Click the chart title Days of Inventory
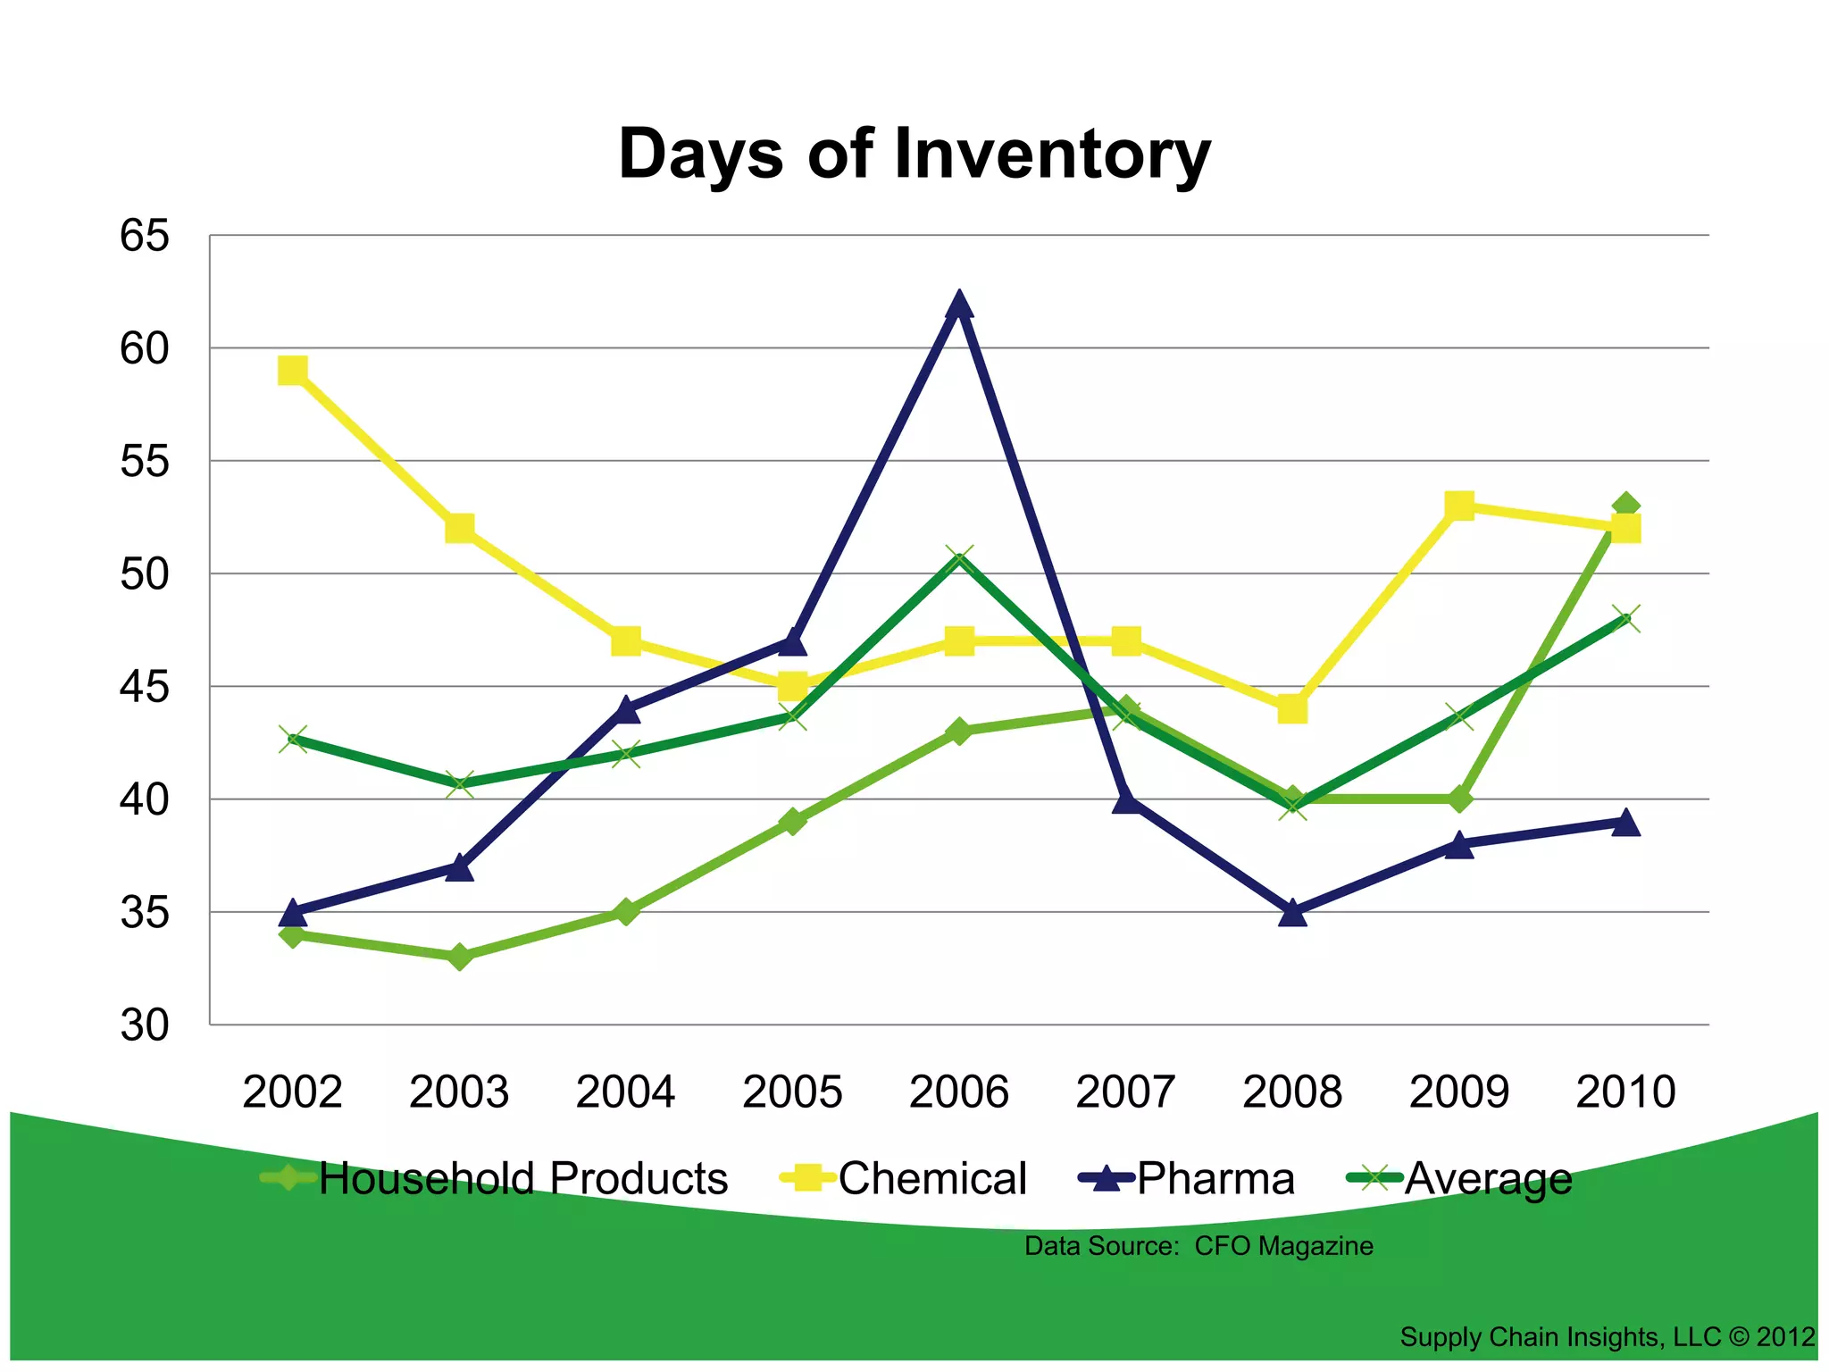[914, 154]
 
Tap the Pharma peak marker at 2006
[959, 305]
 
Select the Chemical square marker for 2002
[293, 371]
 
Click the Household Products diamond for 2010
[1626, 506]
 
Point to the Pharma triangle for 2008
[1292, 913]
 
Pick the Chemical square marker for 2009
[1459, 506]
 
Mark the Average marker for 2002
[293, 740]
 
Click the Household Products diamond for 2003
[459, 957]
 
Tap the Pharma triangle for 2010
[1626, 823]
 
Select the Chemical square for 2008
[1292, 709]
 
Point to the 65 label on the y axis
[145, 237]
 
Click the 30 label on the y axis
[145, 1025]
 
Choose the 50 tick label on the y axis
[145, 574]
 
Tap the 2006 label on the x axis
[959, 1092]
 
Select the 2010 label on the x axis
[1626, 1092]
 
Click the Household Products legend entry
[496, 1178]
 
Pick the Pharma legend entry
[1188, 1178]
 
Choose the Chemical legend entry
[904, 1178]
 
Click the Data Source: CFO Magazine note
[1198, 1246]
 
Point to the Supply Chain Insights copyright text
[1607, 1337]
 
